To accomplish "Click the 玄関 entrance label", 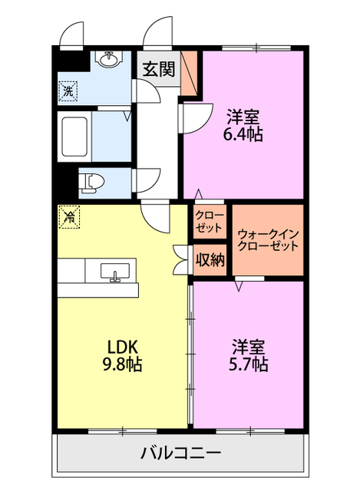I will tap(158, 68).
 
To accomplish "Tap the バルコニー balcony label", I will tap(181, 453).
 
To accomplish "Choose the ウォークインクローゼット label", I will tap(268, 240).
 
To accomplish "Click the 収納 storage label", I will tap(209, 260).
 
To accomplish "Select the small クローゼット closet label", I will tap(209, 220).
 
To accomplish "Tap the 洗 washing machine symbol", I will tap(68, 91).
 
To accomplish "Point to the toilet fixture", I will tap(92, 182).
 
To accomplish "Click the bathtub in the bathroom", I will tap(75, 137).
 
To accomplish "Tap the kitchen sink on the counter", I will tap(114, 272).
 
